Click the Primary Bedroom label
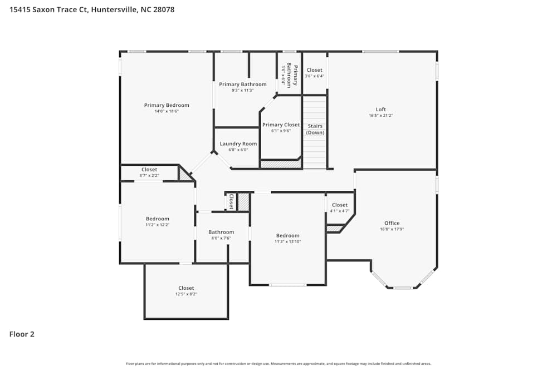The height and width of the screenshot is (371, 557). [x=167, y=105]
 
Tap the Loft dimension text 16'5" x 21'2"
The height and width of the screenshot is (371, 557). [x=381, y=116]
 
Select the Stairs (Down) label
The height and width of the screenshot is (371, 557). [x=315, y=129]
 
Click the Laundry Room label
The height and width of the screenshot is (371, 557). [x=238, y=144]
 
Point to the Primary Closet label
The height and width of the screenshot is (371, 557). [x=281, y=125]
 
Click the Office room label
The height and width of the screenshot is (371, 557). [x=392, y=223]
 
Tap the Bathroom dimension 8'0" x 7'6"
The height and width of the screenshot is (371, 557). [x=221, y=238]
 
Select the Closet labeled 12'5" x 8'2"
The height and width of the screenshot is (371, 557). [x=186, y=288]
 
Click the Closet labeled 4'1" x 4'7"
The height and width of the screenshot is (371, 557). [x=339, y=205]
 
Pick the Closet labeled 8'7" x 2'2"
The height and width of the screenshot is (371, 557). [x=149, y=170]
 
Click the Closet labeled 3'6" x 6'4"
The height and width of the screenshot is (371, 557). [x=314, y=70]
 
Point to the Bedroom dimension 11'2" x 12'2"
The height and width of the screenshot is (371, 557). [x=158, y=225]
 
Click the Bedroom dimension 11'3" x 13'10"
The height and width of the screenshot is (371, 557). [x=287, y=242]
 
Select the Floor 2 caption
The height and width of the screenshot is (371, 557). [x=22, y=334]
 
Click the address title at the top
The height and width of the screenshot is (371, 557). [x=92, y=9]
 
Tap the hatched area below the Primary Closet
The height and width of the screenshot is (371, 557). [x=280, y=165]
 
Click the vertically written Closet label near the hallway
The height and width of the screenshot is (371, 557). [x=231, y=201]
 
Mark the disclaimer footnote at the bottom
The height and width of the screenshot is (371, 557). [x=278, y=364]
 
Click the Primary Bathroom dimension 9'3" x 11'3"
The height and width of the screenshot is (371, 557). [x=242, y=91]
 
